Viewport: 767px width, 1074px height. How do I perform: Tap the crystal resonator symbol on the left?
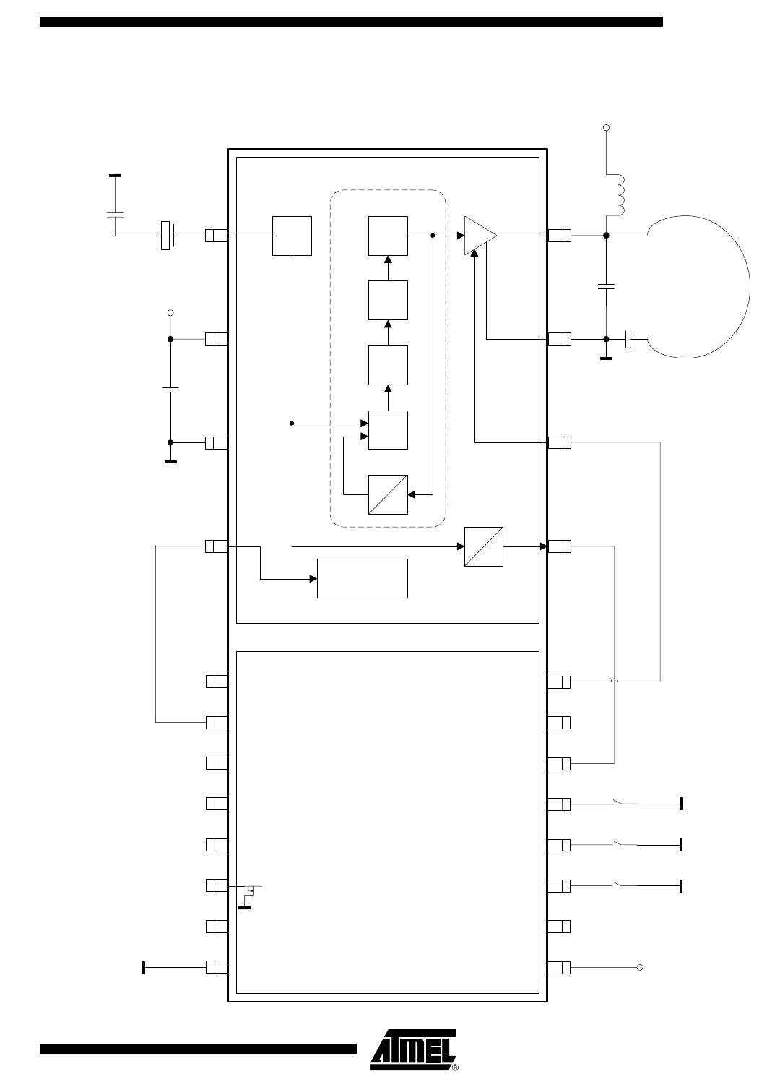pos(165,236)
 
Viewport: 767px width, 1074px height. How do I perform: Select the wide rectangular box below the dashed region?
pos(362,578)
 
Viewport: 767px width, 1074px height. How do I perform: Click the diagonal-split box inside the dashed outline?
pos(388,494)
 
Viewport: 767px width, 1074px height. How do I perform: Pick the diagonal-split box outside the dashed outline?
pos(484,546)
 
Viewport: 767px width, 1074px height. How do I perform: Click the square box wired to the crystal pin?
pos(292,236)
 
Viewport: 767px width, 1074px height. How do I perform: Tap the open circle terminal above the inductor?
pos(606,127)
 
